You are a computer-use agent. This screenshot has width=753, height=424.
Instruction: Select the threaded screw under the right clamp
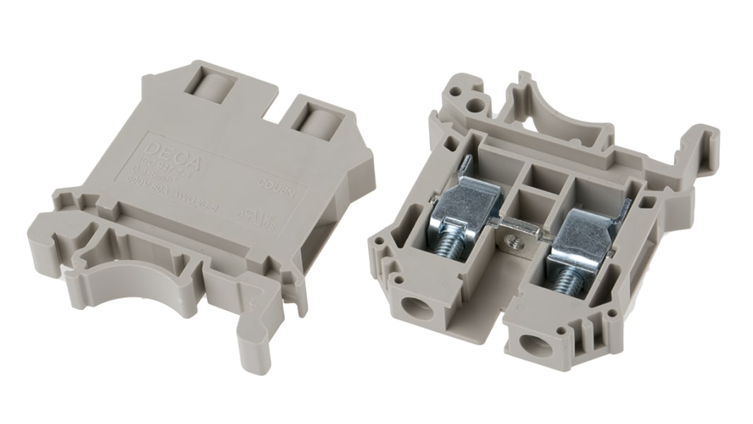565,280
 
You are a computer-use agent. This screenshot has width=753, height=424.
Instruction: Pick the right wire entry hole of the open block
530,345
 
